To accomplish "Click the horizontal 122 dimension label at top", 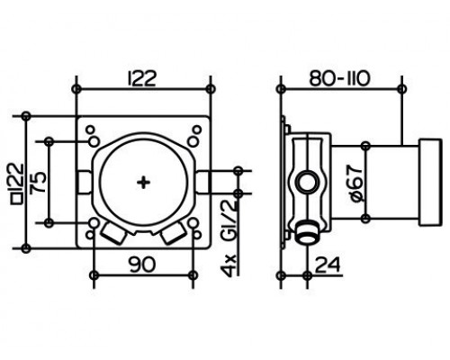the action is tap(142, 79).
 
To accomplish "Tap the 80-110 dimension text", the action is tap(340, 79).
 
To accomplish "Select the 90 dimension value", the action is tap(143, 265).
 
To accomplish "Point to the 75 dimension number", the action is tap(40, 182).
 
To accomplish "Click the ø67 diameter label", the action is tap(355, 184).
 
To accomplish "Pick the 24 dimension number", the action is tap(328, 265).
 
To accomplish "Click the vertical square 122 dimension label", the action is tap(17, 184).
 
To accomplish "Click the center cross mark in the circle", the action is tap(143, 183).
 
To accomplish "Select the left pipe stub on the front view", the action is tap(85, 183).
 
